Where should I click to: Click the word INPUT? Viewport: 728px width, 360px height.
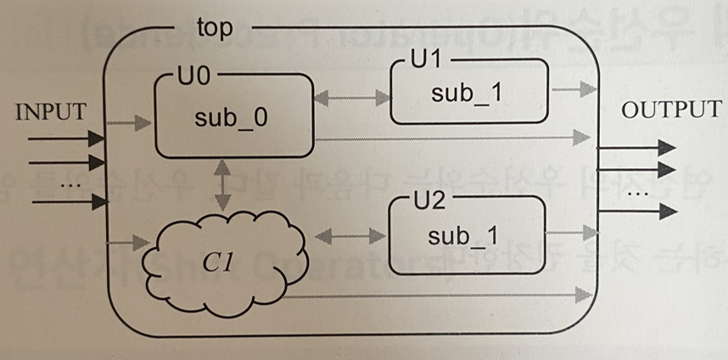[52, 112]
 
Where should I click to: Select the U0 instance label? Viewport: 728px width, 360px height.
[193, 76]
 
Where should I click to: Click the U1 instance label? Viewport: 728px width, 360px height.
[423, 63]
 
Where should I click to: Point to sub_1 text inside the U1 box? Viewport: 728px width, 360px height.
[466, 93]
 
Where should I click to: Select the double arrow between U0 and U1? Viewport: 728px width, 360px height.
[350, 99]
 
